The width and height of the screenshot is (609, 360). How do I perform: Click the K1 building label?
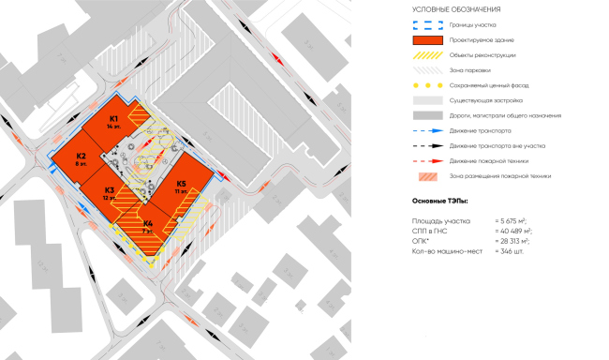pos(113,119)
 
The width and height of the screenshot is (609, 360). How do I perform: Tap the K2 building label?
pos(82,157)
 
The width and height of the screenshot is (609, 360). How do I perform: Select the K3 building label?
pos(109,191)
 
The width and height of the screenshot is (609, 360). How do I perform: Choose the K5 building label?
pos(181,184)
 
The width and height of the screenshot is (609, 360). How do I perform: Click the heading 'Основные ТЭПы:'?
pos(441,201)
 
